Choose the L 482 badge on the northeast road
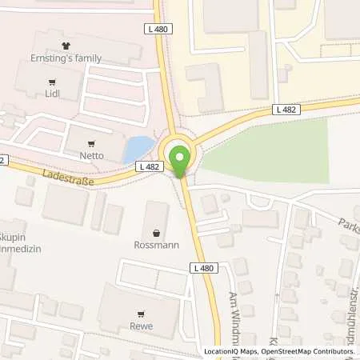click(x=284, y=109)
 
